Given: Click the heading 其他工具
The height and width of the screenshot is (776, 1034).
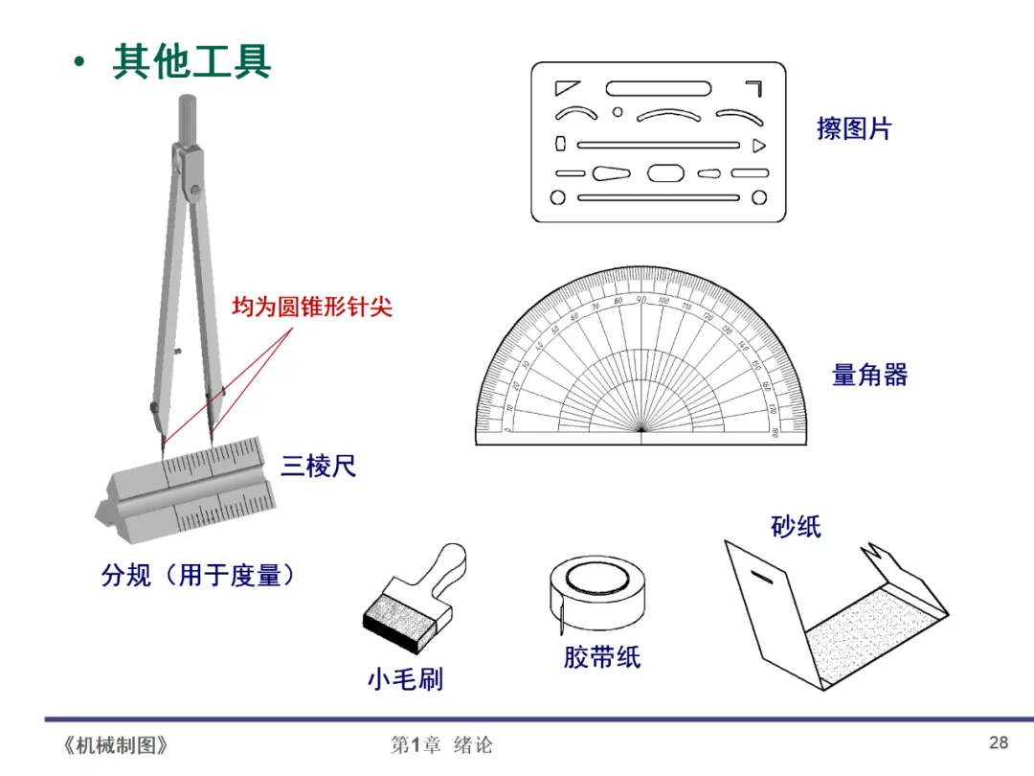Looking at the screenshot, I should pyautogui.click(x=191, y=60).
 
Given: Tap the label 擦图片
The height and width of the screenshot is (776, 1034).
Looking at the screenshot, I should pyautogui.click(x=854, y=128).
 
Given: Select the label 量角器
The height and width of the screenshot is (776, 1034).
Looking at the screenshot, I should pyautogui.click(x=869, y=375).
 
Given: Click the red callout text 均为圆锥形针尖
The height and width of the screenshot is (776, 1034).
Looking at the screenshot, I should pyautogui.click(x=312, y=308).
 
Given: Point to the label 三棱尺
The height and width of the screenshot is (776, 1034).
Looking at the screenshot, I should pyautogui.click(x=318, y=467).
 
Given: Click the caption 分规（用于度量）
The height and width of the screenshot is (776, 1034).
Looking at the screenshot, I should pyautogui.click(x=198, y=575).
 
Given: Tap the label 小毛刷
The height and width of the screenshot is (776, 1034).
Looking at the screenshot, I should pyautogui.click(x=405, y=679).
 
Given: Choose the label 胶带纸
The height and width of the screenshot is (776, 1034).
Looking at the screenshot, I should pyautogui.click(x=601, y=657).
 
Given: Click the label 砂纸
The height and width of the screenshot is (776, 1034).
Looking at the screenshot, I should pyautogui.click(x=796, y=526).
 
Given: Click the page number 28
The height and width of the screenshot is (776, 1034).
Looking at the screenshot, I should pyautogui.click(x=999, y=742).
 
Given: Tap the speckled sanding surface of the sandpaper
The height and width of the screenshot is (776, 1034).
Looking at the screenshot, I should pyautogui.click(x=862, y=636).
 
